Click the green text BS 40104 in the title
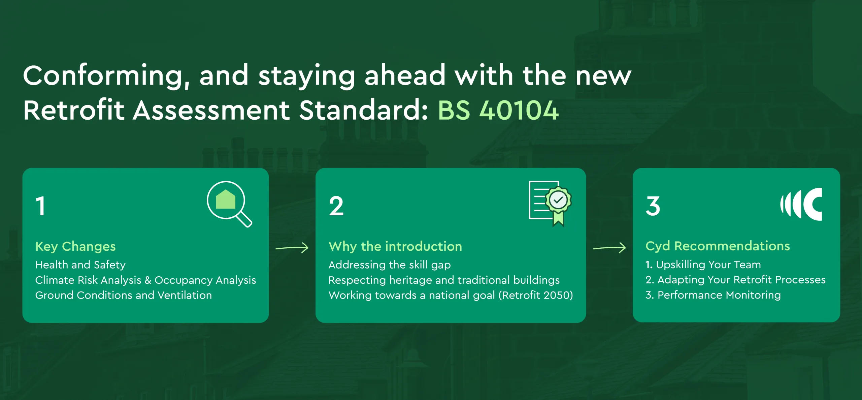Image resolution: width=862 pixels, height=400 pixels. (x=498, y=110)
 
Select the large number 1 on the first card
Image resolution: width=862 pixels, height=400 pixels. (x=40, y=206)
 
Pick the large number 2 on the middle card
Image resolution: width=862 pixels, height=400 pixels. (x=336, y=206)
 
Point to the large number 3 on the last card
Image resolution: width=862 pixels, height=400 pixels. (x=653, y=206)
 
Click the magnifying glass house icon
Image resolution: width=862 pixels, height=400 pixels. (x=229, y=204)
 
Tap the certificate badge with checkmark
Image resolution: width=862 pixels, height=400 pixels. (x=550, y=204)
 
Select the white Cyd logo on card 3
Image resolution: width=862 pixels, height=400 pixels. (x=801, y=204)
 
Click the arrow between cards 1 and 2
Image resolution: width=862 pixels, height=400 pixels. (x=292, y=248)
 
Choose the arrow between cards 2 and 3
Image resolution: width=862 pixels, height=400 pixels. (x=609, y=248)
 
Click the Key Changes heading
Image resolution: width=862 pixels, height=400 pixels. (x=75, y=247)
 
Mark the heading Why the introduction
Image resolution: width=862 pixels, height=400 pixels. (x=395, y=247)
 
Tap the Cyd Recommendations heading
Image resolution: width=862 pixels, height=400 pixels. (x=718, y=246)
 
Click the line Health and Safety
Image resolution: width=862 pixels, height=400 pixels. (x=80, y=265)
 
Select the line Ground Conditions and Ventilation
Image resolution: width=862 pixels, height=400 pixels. (x=124, y=295)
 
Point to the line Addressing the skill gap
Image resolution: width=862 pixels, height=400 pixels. (x=390, y=265)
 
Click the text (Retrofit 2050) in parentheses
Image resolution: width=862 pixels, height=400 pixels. (x=536, y=295)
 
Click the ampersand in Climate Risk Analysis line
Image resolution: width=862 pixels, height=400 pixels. (x=148, y=280)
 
